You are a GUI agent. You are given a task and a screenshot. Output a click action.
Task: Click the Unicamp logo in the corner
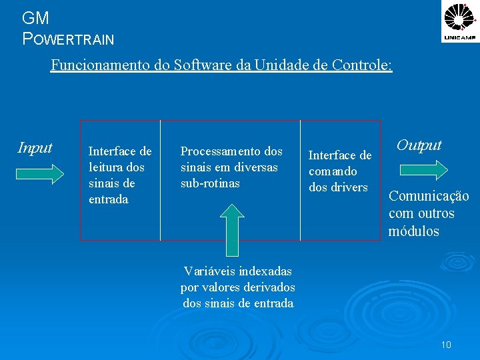coord(460,21)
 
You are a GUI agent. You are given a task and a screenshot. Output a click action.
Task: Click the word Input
coord(35,147)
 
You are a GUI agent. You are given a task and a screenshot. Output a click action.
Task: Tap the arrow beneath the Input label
coord(39,174)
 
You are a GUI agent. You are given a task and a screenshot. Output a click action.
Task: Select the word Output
coord(419,145)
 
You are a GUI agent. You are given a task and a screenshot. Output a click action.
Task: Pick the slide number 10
coord(446,345)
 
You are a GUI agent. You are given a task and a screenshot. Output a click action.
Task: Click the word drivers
coord(348,187)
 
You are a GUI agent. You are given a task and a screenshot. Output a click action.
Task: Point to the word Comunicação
coord(429,196)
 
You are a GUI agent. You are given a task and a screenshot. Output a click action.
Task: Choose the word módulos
coord(413,231)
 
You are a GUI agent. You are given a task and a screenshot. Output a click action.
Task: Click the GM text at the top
coord(35,18)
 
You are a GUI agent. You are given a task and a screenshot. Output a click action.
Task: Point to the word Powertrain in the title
coord(68,39)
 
